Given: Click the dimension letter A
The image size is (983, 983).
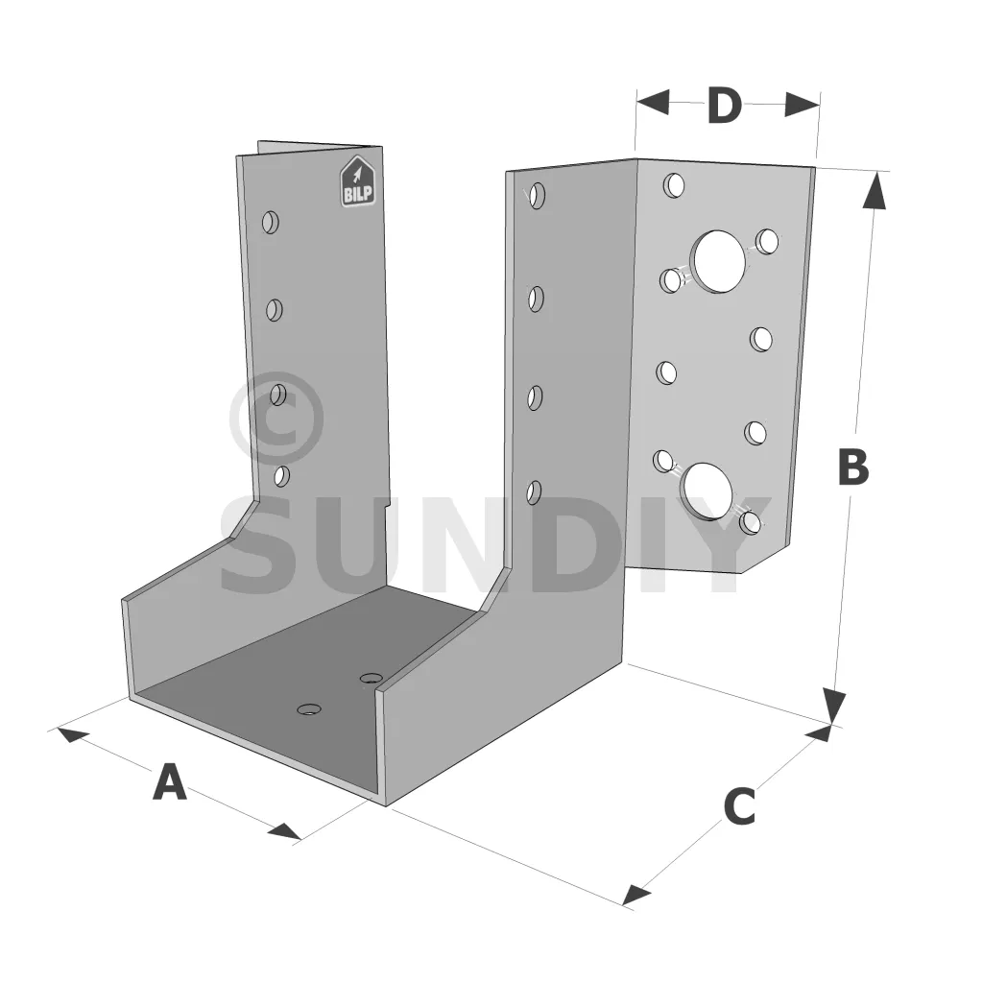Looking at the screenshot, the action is click(169, 781).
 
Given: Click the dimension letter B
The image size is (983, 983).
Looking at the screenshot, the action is click(853, 467).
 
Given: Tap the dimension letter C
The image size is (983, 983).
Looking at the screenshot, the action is click(739, 806).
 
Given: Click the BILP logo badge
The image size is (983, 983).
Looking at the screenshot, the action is click(357, 181).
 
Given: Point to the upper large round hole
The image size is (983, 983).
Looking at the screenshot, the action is click(718, 260).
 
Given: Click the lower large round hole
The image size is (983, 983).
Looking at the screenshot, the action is click(707, 491).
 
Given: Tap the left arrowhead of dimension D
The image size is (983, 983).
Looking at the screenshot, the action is click(653, 102).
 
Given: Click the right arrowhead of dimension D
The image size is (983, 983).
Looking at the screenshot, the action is click(802, 104).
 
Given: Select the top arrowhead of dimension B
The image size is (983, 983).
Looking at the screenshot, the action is click(875, 189).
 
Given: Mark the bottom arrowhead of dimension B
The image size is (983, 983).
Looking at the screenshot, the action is click(834, 706).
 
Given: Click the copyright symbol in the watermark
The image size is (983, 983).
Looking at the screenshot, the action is click(276, 418).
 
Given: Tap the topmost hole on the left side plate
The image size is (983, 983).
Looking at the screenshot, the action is click(270, 223).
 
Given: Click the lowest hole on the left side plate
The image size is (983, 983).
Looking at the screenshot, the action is click(281, 476).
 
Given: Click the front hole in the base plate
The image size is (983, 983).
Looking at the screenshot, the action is click(309, 709).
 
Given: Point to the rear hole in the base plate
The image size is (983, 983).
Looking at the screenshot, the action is click(372, 678).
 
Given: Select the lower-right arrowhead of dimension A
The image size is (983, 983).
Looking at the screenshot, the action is click(284, 831).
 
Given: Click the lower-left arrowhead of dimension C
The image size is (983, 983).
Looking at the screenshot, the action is click(636, 895).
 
